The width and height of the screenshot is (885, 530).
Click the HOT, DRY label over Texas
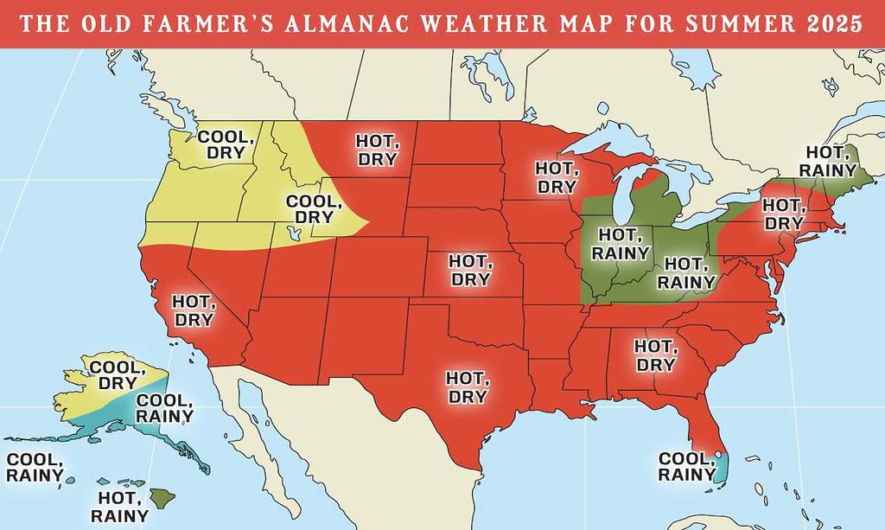click(467, 386)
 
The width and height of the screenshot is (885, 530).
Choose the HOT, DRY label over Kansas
click(470, 270)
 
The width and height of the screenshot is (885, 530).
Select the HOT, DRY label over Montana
click(378, 150)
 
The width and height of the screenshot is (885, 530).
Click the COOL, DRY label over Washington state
click(226, 144)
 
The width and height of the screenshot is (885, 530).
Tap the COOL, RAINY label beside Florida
click(686, 467)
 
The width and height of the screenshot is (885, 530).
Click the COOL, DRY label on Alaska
click(113, 374)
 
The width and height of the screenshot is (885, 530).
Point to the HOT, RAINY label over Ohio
click(687, 273)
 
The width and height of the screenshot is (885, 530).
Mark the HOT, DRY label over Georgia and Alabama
click(655, 355)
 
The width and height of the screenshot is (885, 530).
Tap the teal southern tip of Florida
click(720, 468)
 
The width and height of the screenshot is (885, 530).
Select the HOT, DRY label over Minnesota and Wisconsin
click(557, 177)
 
